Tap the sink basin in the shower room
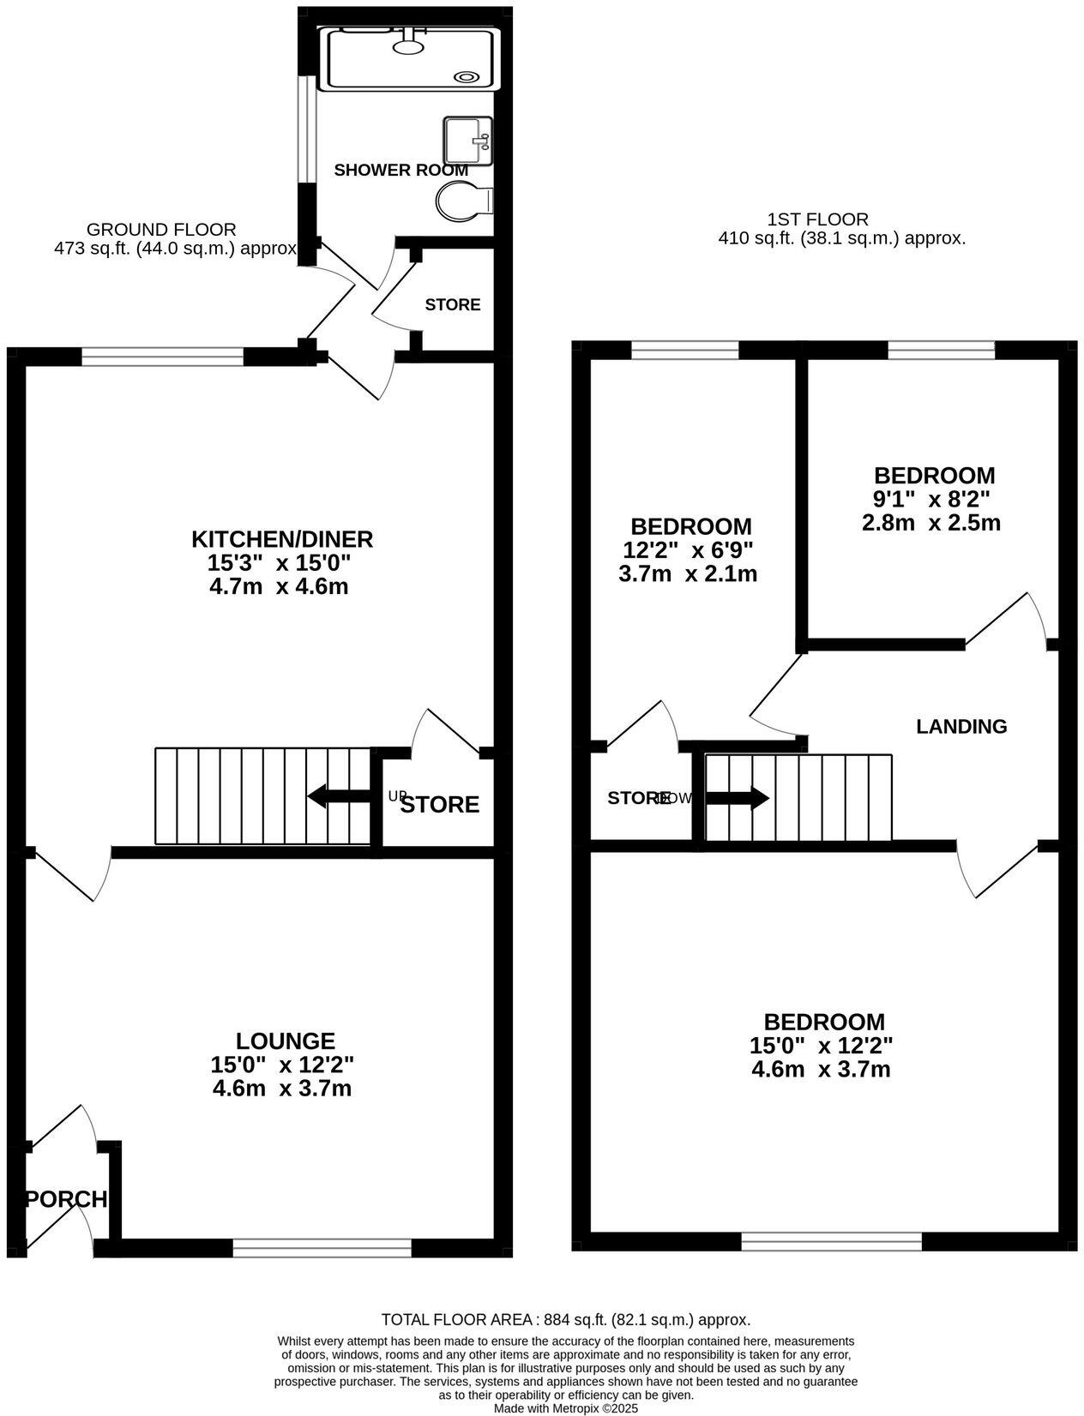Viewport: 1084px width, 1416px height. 467,140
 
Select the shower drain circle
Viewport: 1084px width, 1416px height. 466,76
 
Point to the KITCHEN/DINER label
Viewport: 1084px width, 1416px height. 281,539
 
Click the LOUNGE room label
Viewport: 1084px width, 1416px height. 285,1041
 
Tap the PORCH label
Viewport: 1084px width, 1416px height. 67,1199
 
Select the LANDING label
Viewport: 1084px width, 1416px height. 961,727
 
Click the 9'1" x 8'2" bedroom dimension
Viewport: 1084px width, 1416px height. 932,499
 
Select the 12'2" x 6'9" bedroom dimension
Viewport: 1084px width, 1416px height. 690,550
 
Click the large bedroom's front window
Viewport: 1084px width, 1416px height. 831,1240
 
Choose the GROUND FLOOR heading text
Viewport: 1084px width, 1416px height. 161,229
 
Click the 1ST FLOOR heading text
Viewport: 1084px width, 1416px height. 817,219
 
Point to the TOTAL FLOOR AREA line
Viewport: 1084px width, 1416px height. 565,1320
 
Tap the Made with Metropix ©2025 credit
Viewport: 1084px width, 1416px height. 565,1408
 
